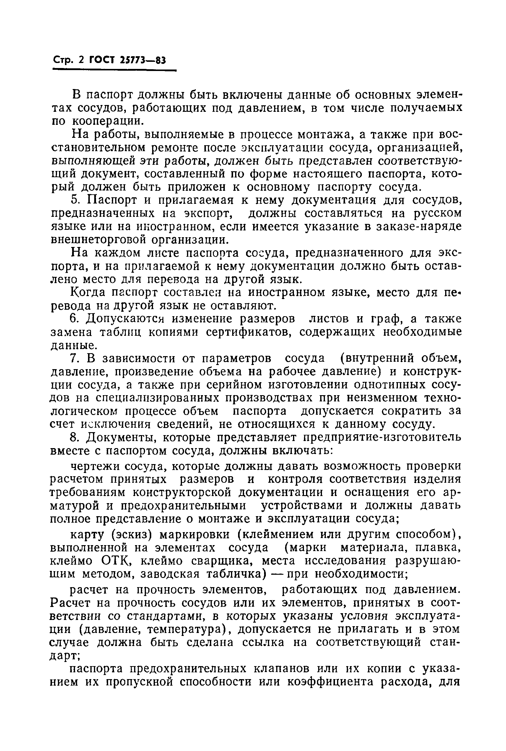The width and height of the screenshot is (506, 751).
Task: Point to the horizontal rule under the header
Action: (x=114, y=70)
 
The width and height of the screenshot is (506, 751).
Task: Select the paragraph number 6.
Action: (x=74, y=319)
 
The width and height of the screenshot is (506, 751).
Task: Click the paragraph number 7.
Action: (x=74, y=358)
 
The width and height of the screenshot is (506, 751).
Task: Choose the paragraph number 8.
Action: (x=74, y=437)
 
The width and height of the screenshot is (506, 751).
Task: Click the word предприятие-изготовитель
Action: (x=383, y=437)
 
